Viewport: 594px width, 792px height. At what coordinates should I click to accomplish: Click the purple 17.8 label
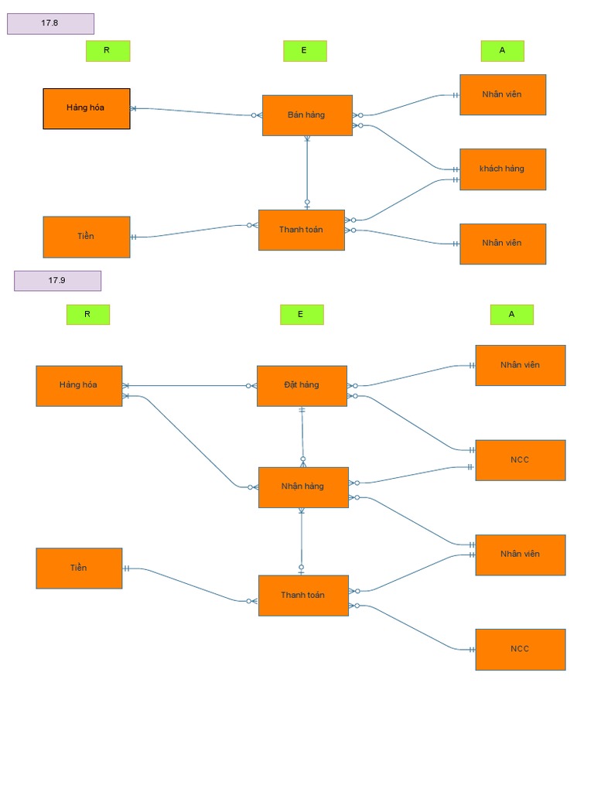tap(50, 24)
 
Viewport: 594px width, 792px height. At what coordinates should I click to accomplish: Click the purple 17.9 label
tap(57, 281)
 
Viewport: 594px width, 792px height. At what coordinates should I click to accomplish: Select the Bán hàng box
tap(307, 115)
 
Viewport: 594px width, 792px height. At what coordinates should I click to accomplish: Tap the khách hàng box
tap(503, 169)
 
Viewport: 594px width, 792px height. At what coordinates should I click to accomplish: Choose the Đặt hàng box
tap(302, 385)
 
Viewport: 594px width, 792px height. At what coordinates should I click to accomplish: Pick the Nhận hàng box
tap(303, 487)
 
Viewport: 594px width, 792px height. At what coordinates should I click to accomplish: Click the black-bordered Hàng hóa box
tap(86, 108)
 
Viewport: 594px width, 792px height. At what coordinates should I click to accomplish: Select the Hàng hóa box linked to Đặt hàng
tap(79, 386)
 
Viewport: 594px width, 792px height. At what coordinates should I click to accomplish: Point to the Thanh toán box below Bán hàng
tap(301, 230)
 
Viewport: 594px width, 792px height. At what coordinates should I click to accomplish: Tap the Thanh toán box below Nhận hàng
tap(303, 596)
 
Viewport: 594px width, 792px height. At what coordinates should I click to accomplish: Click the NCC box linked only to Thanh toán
tap(520, 649)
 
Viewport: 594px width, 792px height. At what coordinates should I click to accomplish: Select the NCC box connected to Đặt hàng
tap(520, 460)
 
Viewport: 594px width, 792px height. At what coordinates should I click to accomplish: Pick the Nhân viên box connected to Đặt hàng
tap(520, 365)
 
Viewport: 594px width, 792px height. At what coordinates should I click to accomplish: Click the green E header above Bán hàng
tap(305, 51)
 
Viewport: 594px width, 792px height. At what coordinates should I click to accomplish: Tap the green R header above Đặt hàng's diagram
tap(87, 315)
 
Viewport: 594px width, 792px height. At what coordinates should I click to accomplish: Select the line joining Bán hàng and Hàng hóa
tap(193, 111)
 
